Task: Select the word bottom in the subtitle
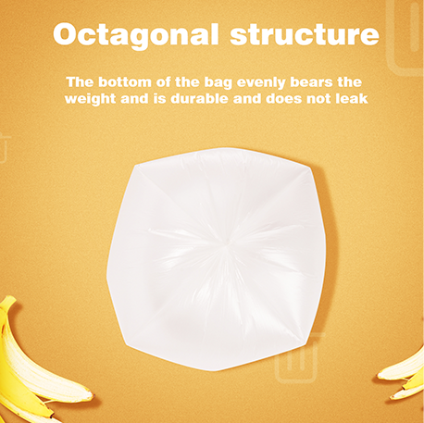click(x=135, y=81)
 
